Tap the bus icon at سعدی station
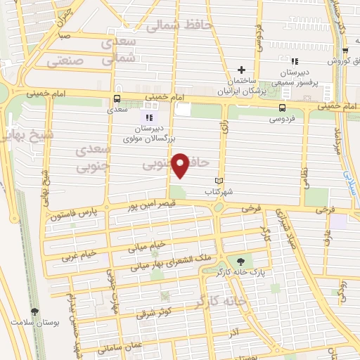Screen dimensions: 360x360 (117, 99)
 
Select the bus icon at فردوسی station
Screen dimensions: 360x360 (282, 108)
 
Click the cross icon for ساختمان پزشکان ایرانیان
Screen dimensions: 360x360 (242, 70)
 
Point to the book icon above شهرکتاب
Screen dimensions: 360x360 (219, 180)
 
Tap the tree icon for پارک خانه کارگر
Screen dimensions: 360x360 (242, 261)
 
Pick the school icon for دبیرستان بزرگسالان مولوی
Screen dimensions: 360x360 (148, 117)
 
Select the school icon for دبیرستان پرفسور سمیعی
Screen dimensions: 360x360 (294, 62)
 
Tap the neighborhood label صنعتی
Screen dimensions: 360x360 (65, 61)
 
